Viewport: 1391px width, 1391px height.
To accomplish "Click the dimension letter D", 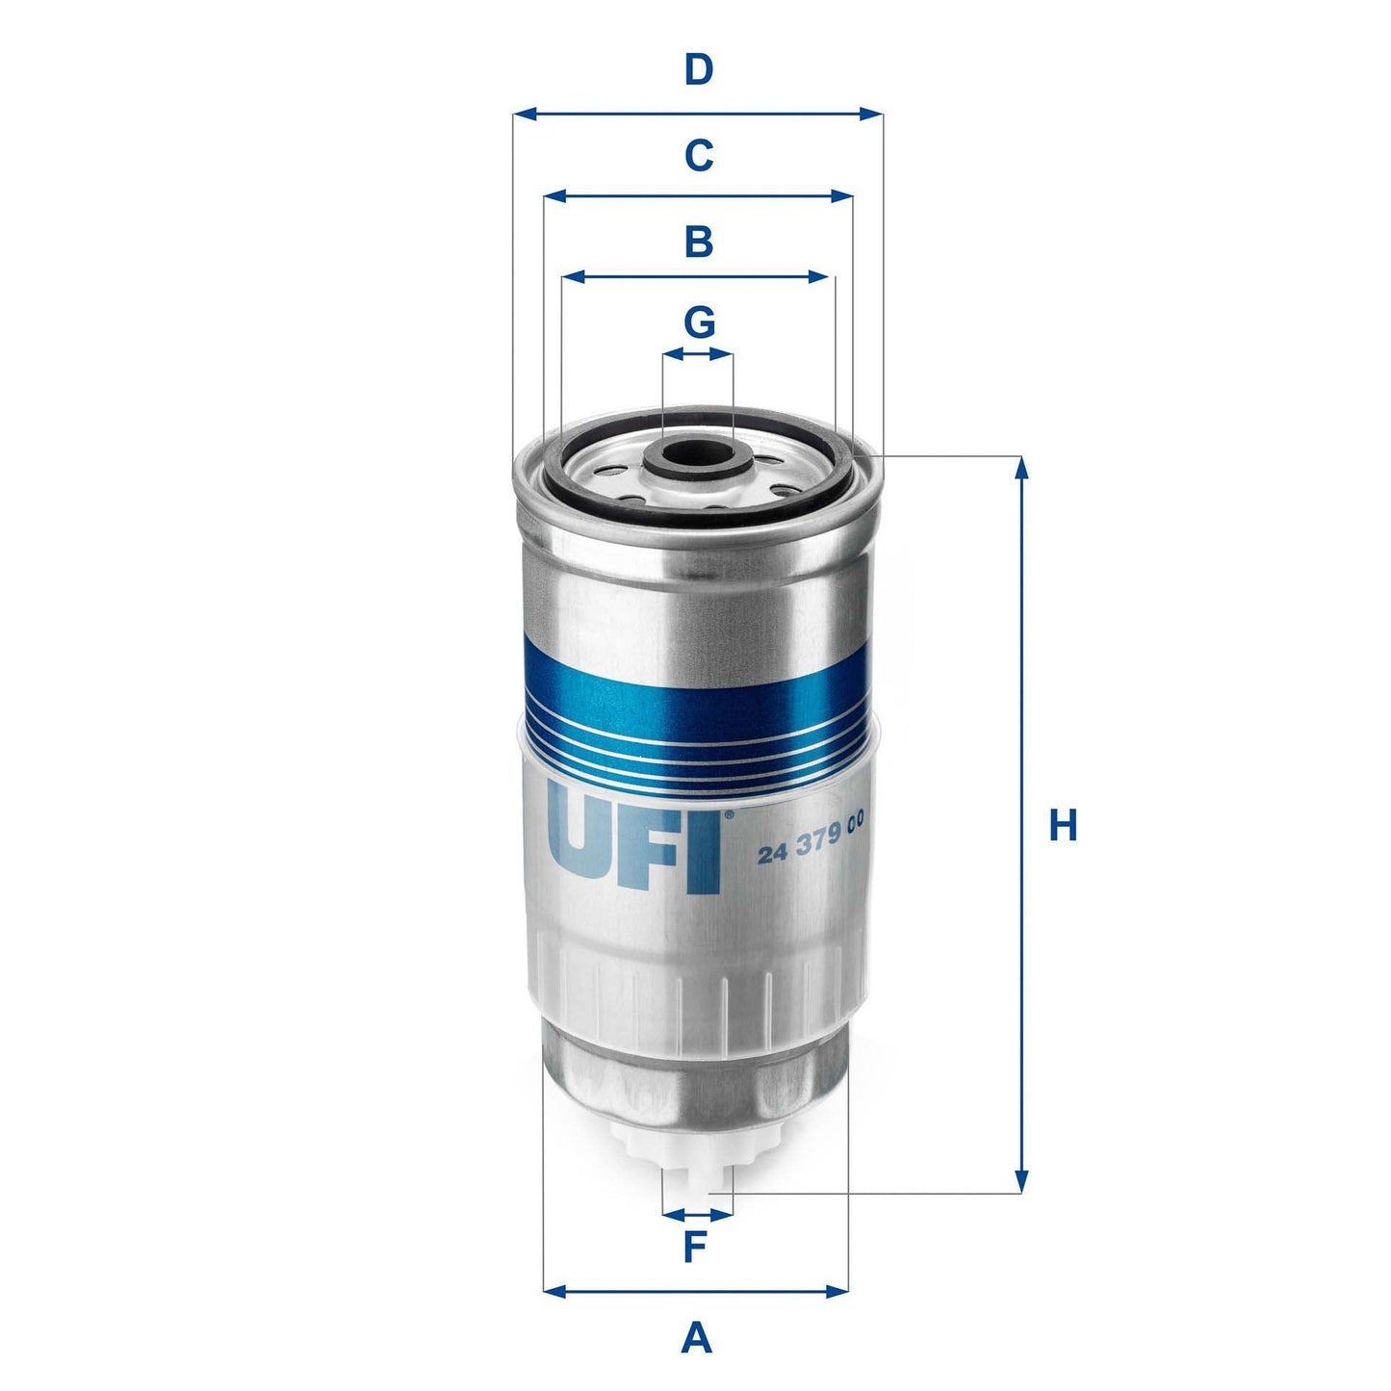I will click(698, 70).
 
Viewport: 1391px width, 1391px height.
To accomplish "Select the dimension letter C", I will click(698, 155).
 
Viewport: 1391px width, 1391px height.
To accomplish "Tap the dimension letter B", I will click(698, 242).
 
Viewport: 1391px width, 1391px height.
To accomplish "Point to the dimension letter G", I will click(699, 322).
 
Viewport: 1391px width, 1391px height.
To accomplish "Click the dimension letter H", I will click(1063, 826).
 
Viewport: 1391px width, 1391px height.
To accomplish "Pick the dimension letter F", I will click(695, 1248).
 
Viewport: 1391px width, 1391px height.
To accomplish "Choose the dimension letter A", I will click(696, 1338).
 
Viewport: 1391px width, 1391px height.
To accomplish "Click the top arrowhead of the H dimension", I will click(1021, 466).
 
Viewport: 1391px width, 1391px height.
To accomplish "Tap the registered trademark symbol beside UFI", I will click(728, 815).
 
